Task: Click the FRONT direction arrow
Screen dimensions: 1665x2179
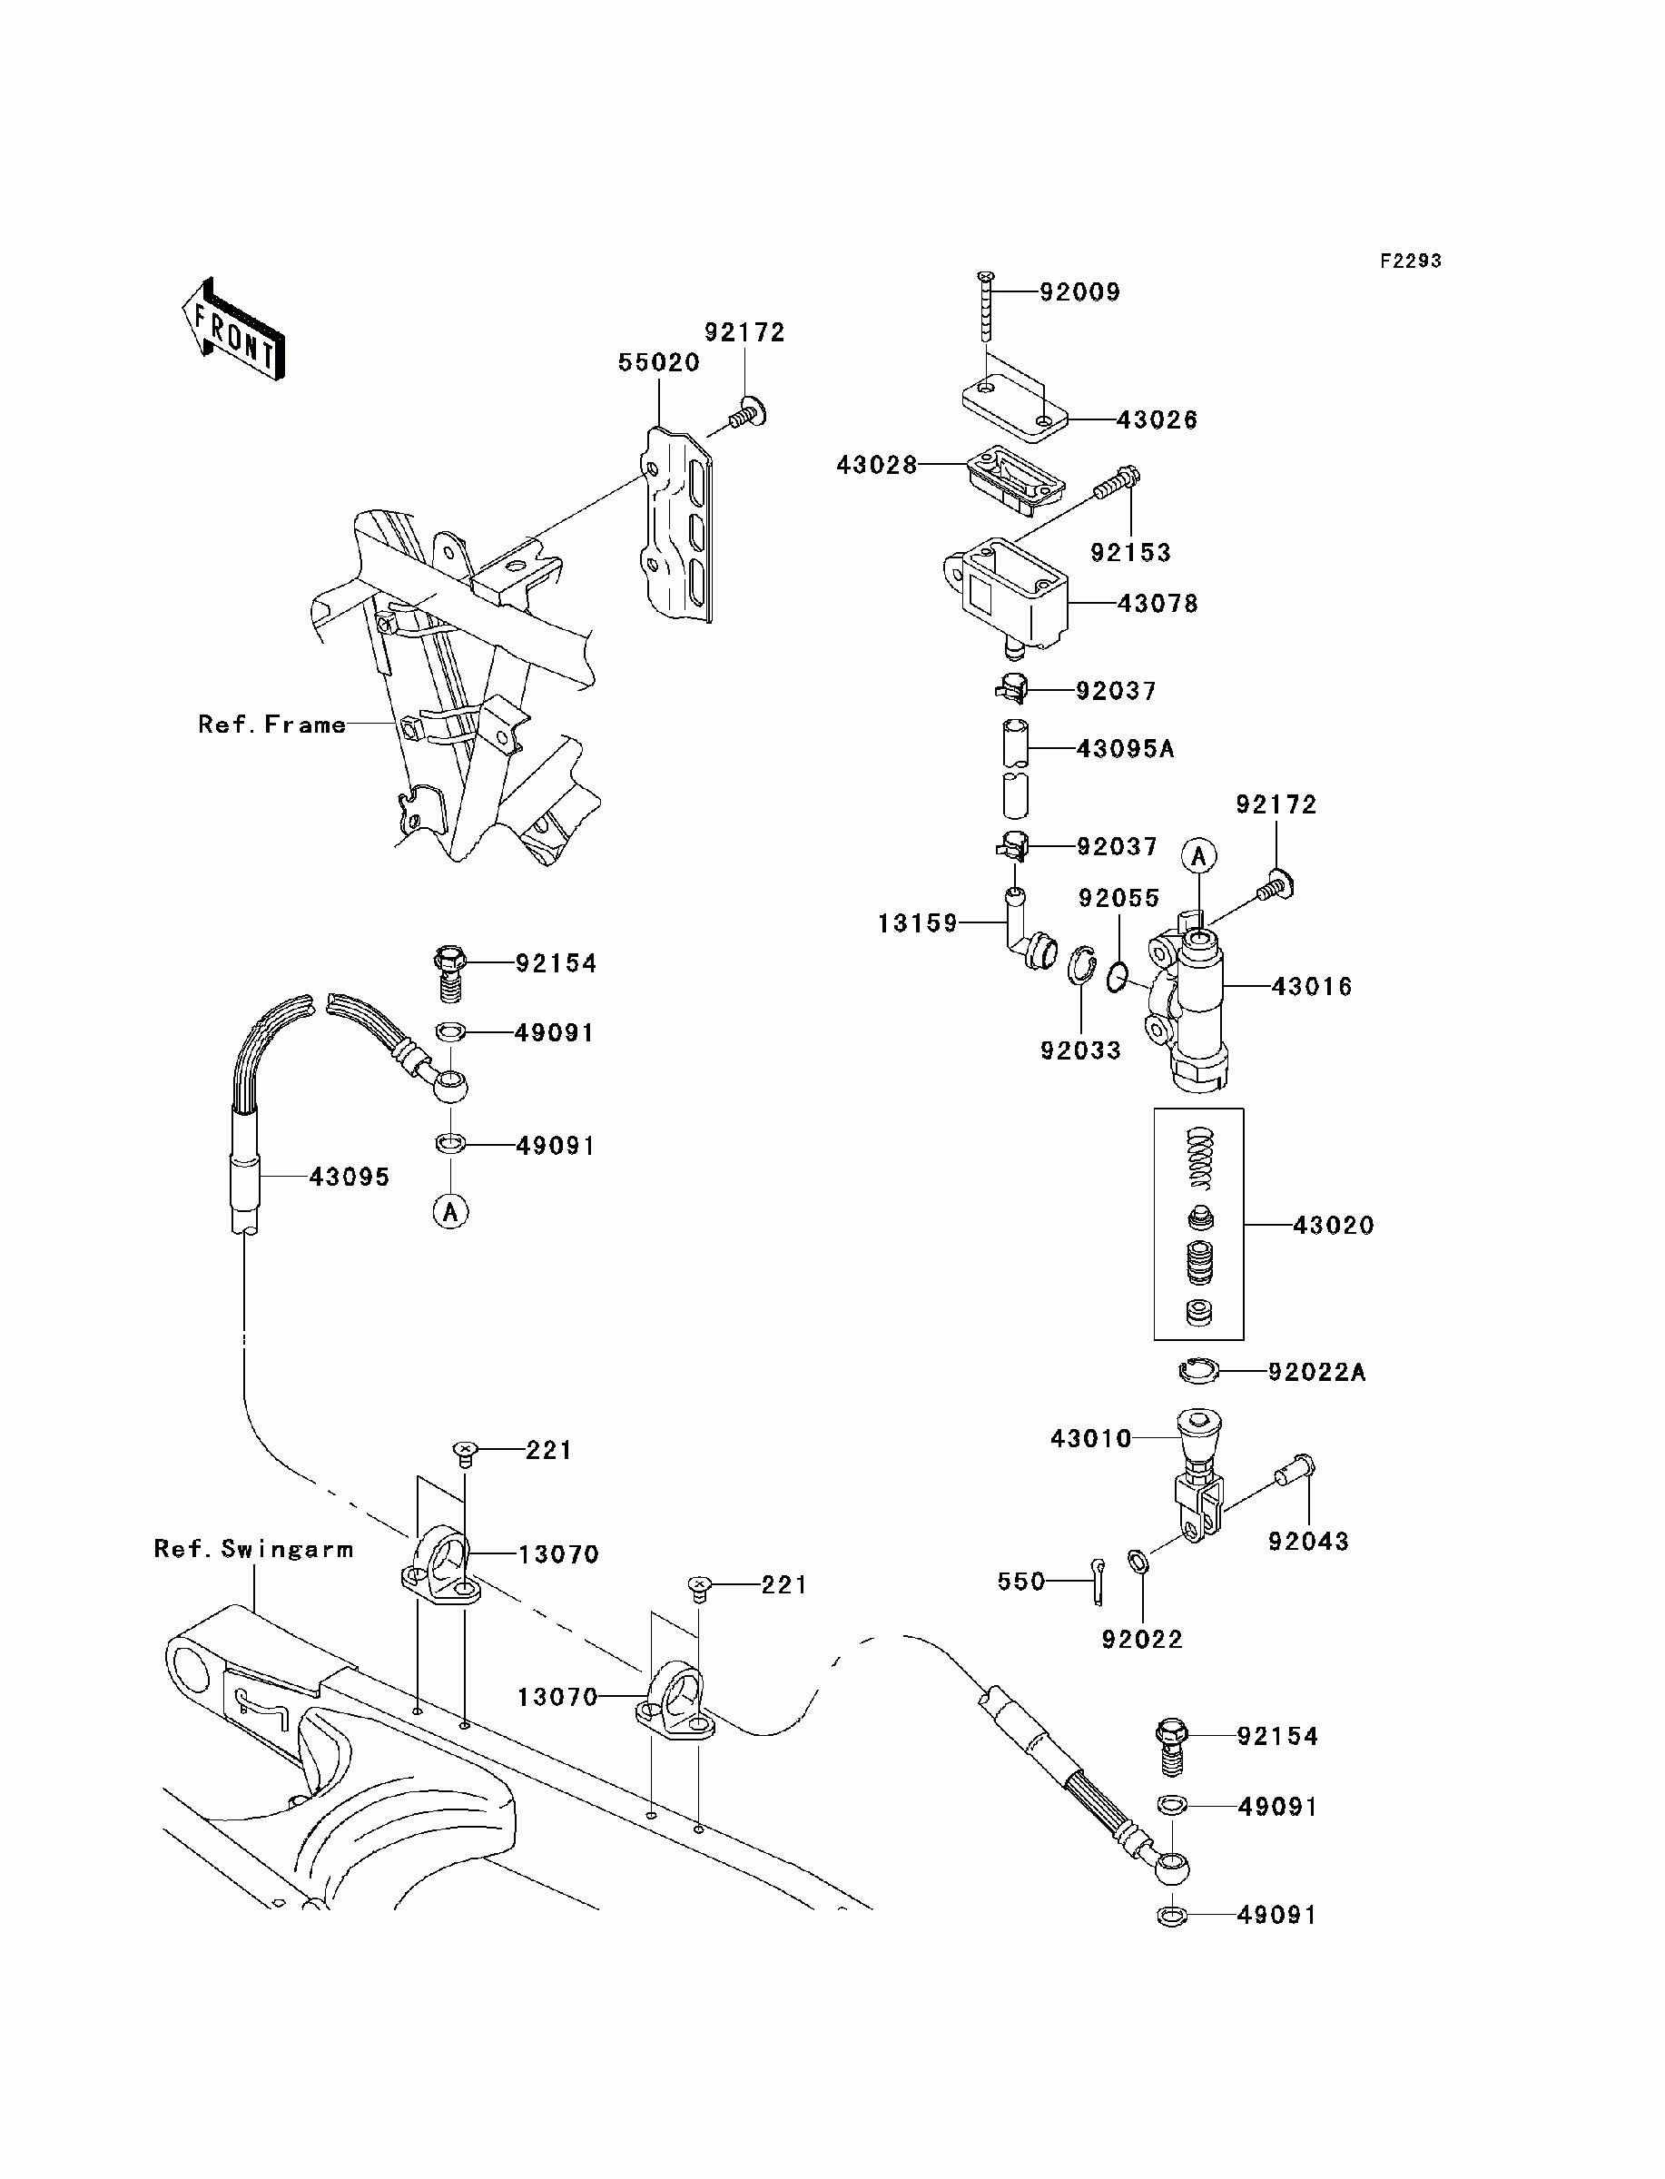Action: (x=234, y=330)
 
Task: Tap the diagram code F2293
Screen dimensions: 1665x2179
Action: (x=1412, y=261)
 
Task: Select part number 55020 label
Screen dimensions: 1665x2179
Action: (x=659, y=362)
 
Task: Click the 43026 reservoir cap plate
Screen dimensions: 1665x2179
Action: (x=1015, y=409)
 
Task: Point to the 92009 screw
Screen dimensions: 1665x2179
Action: (x=986, y=308)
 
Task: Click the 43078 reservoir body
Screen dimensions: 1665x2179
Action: (x=1005, y=595)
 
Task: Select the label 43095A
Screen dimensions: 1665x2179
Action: (x=1125, y=749)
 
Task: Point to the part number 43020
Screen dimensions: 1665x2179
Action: (x=1333, y=1226)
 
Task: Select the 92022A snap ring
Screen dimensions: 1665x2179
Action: (x=1198, y=1372)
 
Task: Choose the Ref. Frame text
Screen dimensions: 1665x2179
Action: (x=271, y=725)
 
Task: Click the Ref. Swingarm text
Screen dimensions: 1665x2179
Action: (x=253, y=1549)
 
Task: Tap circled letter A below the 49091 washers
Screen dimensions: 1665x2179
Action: (x=451, y=1211)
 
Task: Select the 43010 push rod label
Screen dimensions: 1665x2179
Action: (x=1091, y=1438)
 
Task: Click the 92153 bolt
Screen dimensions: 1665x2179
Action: (x=1116, y=484)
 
